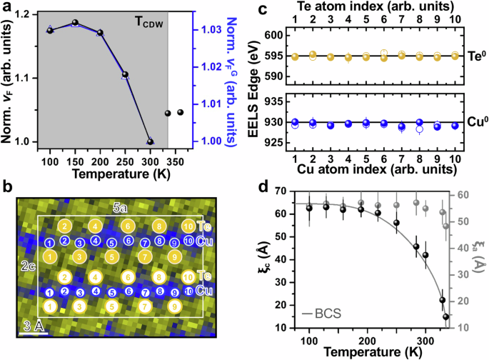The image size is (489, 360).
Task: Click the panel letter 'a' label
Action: coord(6,9)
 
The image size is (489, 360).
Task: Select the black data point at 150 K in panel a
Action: coord(75,23)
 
